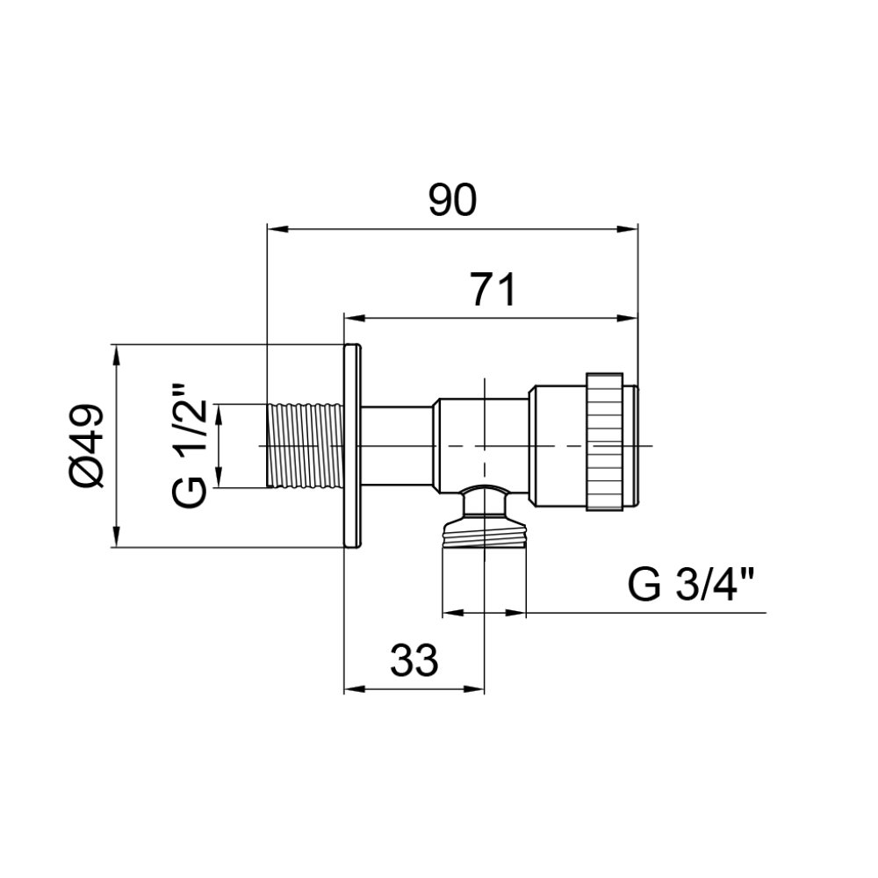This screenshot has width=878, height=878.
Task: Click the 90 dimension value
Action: pyautogui.click(x=452, y=200)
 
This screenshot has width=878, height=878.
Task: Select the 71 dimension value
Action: pyautogui.click(x=493, y=290)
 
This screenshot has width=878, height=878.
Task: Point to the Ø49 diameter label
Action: pyautogui.click(x=87, y=445)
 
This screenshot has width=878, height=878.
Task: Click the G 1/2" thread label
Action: pyautogui.click(x=191, y=446)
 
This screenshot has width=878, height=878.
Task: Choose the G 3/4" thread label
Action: pyautogui.click(x=692, y=585)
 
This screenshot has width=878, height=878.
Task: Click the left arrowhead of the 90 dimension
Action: pyautogui.click(x=277, y=228)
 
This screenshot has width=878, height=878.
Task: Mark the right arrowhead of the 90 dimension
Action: pyautogui.click(x=628, y=228)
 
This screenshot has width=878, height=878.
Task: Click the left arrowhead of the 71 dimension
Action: pyautogui.click(x=355, y=318)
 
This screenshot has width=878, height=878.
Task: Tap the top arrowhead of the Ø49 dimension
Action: pyautogui.click(x=116, y=355)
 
